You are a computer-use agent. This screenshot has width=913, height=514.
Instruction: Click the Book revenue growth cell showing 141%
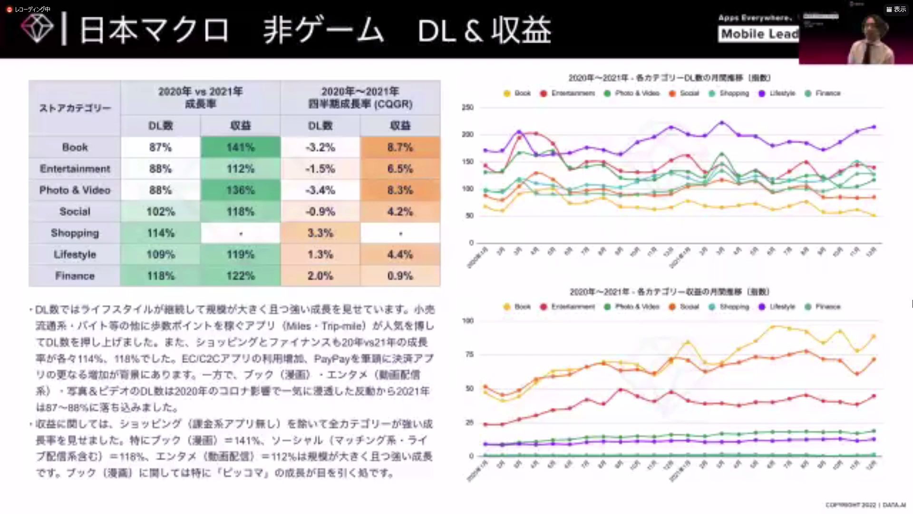240,148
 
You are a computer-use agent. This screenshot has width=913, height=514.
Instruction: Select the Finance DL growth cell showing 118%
161,276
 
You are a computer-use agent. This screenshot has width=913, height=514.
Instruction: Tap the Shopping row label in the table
75,233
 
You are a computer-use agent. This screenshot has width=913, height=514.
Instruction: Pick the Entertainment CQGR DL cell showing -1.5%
320,169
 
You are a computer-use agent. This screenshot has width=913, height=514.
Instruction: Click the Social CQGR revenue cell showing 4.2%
400,212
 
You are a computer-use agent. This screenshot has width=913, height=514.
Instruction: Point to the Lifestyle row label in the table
75,255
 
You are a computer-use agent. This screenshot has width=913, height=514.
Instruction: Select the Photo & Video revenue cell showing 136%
240,190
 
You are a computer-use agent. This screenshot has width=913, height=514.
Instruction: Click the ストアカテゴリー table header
75,108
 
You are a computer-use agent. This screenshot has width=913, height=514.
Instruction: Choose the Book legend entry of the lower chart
517,307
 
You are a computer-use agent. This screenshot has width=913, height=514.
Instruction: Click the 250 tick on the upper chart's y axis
467,108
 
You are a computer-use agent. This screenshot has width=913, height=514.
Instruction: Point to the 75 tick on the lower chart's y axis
469,355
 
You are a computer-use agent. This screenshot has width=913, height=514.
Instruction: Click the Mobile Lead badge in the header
759,34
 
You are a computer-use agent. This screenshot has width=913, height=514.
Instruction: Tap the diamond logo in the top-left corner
37,29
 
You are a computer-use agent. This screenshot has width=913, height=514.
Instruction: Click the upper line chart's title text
669,78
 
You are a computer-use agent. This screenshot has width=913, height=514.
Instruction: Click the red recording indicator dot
9,10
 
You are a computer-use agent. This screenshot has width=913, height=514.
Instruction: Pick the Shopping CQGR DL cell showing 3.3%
320,233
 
